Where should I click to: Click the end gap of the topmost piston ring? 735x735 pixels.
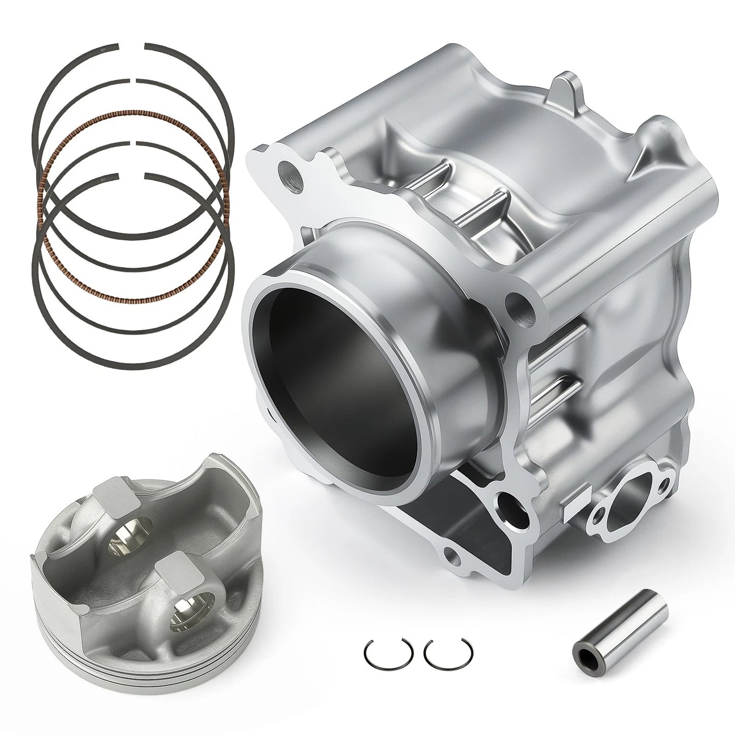(x=133, y=46)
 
